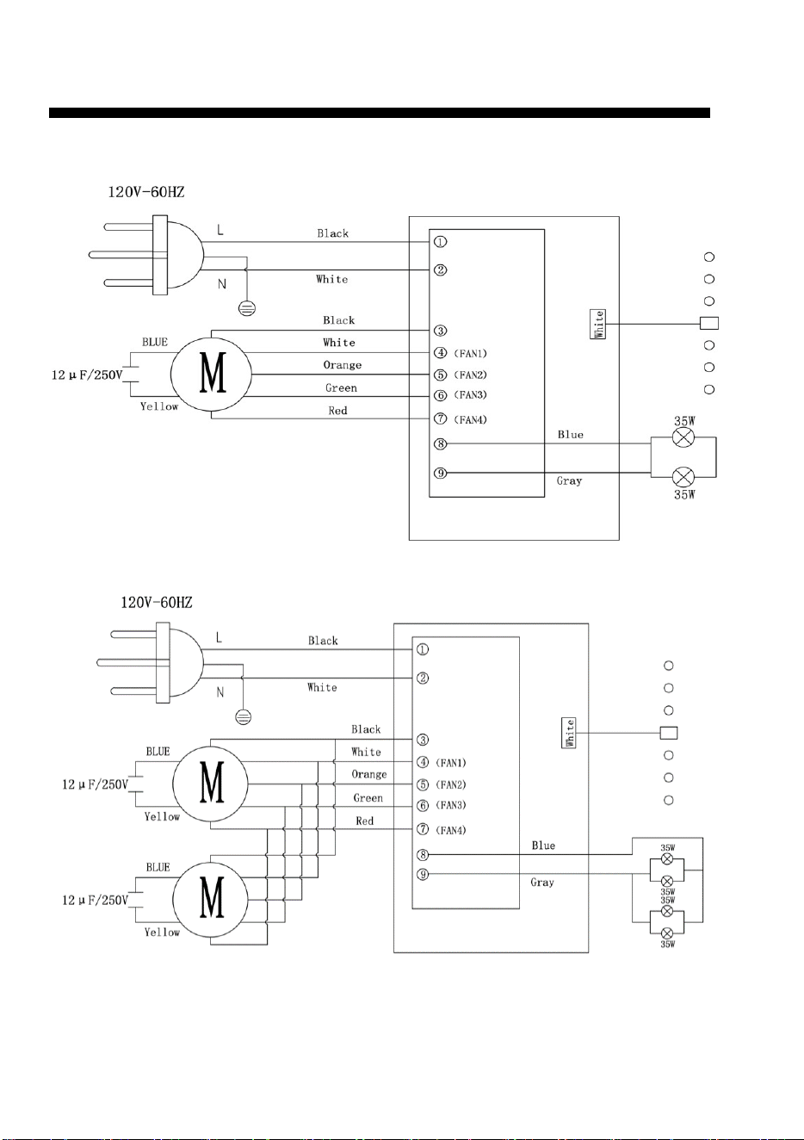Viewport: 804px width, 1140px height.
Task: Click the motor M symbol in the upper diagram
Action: pos(211,374)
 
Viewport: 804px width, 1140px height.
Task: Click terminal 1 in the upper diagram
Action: pos(440,242)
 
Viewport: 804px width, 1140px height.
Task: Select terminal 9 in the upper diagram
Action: pos(440,473)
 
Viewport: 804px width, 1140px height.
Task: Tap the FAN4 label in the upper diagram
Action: pos(470,420)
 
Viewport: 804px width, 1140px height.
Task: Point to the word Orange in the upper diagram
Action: pos(343,365)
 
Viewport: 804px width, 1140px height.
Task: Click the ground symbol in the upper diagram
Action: pos(247,308)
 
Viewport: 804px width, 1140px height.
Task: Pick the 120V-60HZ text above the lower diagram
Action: pos(156,603)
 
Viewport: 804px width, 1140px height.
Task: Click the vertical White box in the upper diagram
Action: pos(598,324)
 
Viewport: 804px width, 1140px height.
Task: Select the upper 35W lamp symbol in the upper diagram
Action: pos(683,437)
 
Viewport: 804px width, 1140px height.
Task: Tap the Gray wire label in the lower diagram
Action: pos(542,883)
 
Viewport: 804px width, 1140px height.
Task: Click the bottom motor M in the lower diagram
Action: pos(211,898)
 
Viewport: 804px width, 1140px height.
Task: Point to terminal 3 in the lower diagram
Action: pos(423,740)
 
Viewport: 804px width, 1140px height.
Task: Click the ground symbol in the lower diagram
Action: pos(244,717)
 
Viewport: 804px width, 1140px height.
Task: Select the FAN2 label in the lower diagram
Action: pos(451,784)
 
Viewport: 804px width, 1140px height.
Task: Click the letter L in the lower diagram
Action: pos(219,637)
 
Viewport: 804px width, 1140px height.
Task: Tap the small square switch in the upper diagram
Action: pos(709,323)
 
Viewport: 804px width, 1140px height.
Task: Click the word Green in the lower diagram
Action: pos(368,797)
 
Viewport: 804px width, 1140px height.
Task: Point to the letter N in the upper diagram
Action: pos(222,284)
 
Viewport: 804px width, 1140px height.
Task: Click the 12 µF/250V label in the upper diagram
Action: pos(87,375)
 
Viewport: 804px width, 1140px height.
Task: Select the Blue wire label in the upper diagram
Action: pos(571,435)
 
